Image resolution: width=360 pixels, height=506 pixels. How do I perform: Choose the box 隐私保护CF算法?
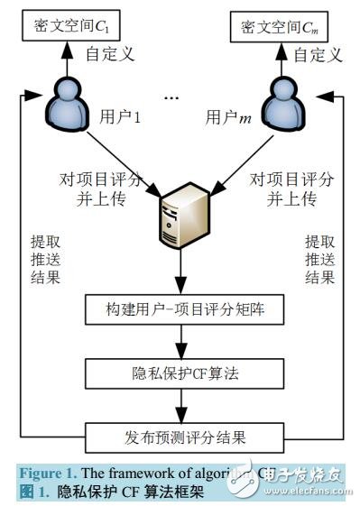180,372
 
